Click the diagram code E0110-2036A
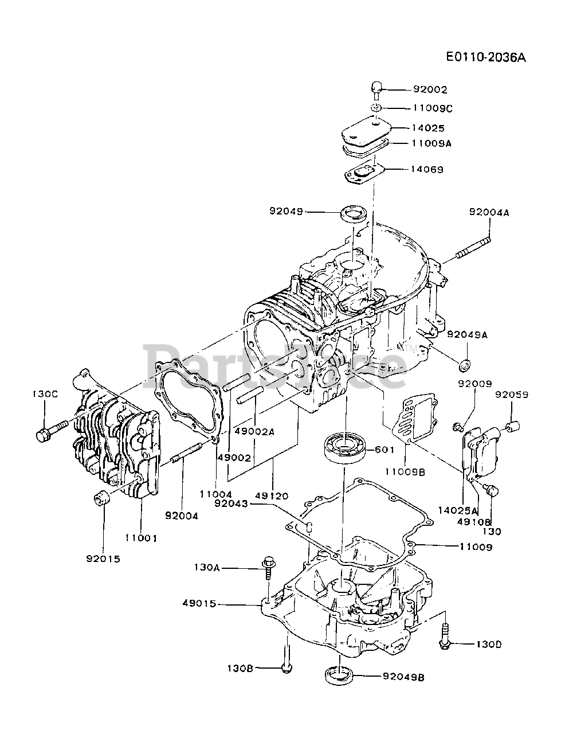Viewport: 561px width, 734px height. tap(486, 57)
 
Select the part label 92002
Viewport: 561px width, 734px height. tap(430, 89)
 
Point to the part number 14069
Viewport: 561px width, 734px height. tap(427, 169)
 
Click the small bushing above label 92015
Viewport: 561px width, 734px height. tap(101, 502)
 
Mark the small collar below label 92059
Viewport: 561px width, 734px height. tap(513, 427)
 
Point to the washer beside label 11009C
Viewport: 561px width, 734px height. tap(376, 108)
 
